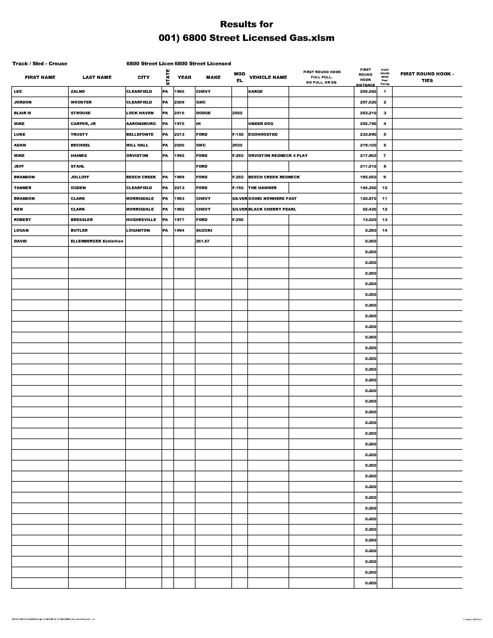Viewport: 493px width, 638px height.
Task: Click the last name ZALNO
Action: pos(78,91)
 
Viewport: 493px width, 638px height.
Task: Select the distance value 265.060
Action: pos(368,91)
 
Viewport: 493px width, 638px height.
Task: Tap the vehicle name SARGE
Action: pos(255,91)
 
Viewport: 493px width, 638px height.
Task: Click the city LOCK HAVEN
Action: pos(140,113)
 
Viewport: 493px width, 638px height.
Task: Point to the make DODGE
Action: pos(203,113)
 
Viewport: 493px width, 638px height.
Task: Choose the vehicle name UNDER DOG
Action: pos(260,124)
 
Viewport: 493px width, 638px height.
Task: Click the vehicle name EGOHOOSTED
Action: pos(263,134)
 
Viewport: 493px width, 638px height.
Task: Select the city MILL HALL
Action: pos(137,145)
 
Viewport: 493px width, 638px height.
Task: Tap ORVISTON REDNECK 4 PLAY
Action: pos(278,155)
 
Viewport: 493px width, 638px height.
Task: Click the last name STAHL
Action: pos(77,166)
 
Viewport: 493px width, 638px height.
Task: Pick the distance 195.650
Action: pos(368,177)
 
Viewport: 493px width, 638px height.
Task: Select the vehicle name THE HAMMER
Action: pos(262,188)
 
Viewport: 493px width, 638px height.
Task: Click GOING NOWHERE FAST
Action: pos(272,198)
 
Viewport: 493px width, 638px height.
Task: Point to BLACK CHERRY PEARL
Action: pos(272,209)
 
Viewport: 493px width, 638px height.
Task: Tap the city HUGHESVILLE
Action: pos(141,220)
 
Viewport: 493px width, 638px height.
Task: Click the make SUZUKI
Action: pos(204,230)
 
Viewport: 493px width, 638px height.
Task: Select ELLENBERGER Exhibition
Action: pos(97,241)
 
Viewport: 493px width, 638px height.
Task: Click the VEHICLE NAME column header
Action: pos(268,77)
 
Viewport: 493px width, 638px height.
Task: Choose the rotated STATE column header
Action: pos(168,77)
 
